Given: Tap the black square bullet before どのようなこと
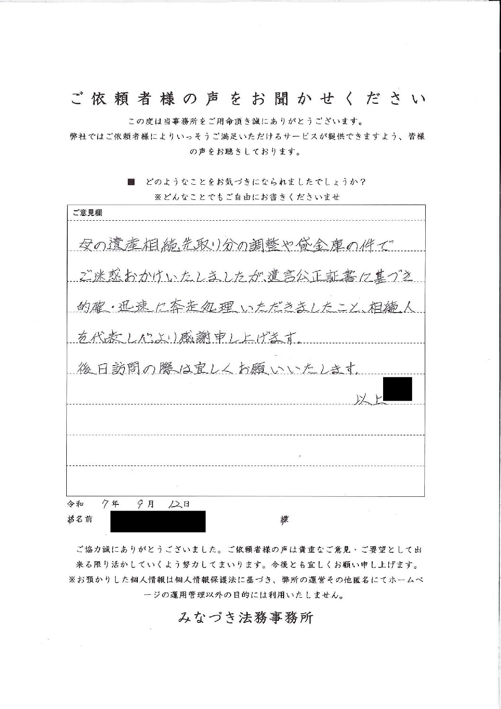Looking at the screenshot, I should tap(132, 182).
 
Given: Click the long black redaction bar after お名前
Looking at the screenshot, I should tap(158, 521).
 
